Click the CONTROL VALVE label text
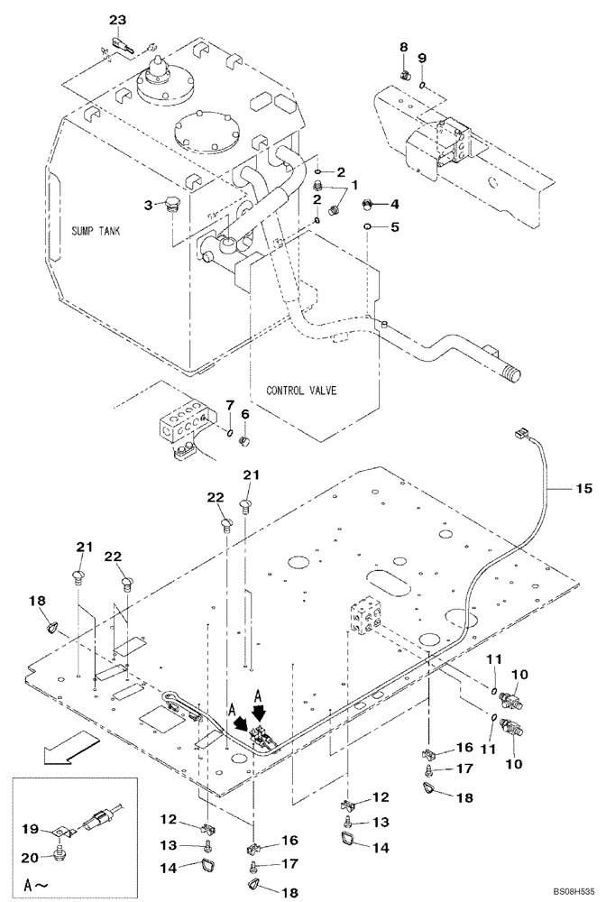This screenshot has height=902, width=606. point(301,391)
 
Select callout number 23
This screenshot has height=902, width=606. point(119,19)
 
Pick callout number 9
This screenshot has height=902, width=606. point(422,59)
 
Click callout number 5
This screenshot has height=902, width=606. point(394,226)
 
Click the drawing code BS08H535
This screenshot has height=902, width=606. point(567,891)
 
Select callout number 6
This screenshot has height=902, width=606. point(243,415)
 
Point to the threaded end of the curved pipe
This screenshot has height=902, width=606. point(512,369)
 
